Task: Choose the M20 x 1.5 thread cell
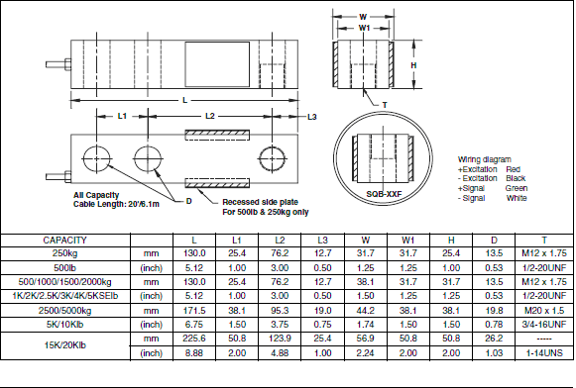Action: point(544,309)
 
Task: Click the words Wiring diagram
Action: point(483,158)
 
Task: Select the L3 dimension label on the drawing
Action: point(312,118)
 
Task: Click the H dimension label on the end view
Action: point(413,64)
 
